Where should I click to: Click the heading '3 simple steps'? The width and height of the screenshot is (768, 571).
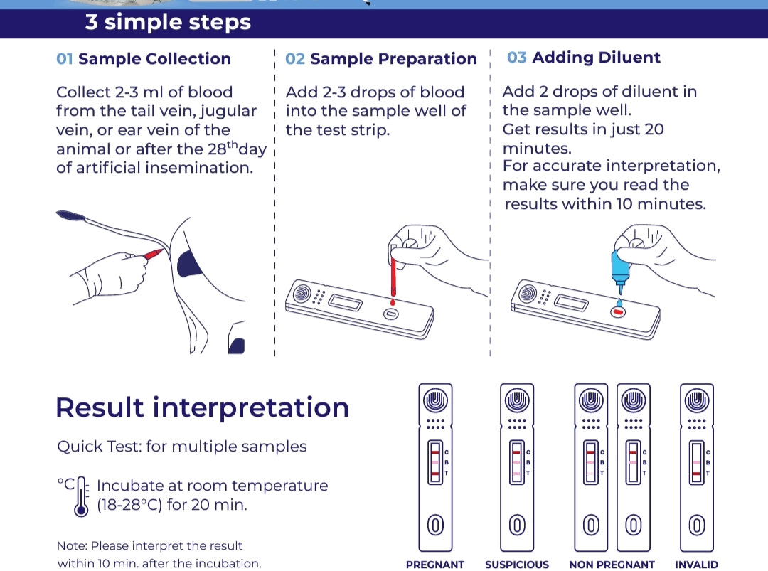coord(168,22)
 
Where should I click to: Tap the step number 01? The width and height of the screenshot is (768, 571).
coord(65,59)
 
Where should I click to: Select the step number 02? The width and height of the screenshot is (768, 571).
coord(294,59)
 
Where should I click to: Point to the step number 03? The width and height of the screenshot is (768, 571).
coord(517,58)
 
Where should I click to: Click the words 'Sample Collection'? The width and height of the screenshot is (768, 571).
coord(154,59)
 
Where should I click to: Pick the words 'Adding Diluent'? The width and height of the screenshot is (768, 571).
coord(596,58)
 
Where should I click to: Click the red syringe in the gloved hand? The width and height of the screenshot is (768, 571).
coord(155,254)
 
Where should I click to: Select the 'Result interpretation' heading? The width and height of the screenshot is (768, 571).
coord(202,407)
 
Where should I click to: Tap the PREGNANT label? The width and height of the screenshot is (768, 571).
coord(435,565)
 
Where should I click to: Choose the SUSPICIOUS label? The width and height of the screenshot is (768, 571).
coord(517,565)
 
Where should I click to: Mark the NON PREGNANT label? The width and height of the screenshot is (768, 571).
coord(612,565)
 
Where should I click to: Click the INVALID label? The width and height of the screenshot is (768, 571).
coord(697,565)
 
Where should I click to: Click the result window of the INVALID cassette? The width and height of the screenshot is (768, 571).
coord(697,462)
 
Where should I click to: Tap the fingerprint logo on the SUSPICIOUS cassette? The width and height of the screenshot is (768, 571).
coord(517,400)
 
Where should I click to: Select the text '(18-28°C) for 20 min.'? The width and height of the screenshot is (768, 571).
coord(172,506)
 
